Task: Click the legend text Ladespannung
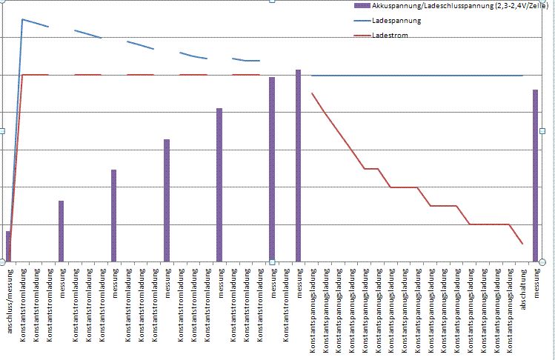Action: [397, 21]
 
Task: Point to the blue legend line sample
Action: [362, 21]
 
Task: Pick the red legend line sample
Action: [362, 35]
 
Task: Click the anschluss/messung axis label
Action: [9, 304]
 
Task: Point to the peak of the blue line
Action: [22, 19]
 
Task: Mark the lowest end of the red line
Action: [522, 243]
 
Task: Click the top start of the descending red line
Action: [312, 93]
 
